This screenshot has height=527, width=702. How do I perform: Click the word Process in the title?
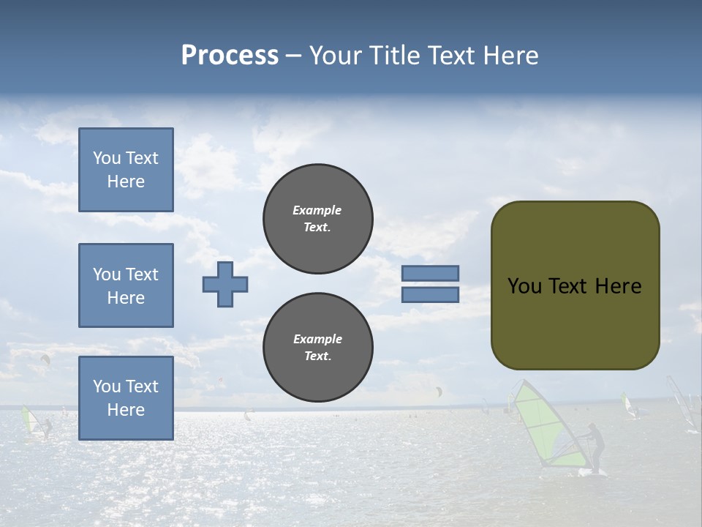tap(230, 56)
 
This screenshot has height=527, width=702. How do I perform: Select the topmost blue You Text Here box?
tap(126, 170)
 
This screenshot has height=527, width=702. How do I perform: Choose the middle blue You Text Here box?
tap(126, 285)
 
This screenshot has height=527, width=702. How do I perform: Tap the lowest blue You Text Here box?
tap(126, 398)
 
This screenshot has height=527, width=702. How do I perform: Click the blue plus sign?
tap(225, 284)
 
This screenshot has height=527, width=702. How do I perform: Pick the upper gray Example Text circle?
tap(318, 219)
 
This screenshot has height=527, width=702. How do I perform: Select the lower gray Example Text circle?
tap(318, 348)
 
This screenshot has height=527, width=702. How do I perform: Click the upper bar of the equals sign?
tap(431, 273)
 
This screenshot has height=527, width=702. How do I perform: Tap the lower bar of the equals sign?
tap(431, 295)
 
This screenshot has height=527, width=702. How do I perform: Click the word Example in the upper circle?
tap(317, 210)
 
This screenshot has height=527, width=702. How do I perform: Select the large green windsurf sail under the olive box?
tap(545, 425)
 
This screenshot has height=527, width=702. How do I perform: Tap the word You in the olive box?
tap(524, 286)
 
